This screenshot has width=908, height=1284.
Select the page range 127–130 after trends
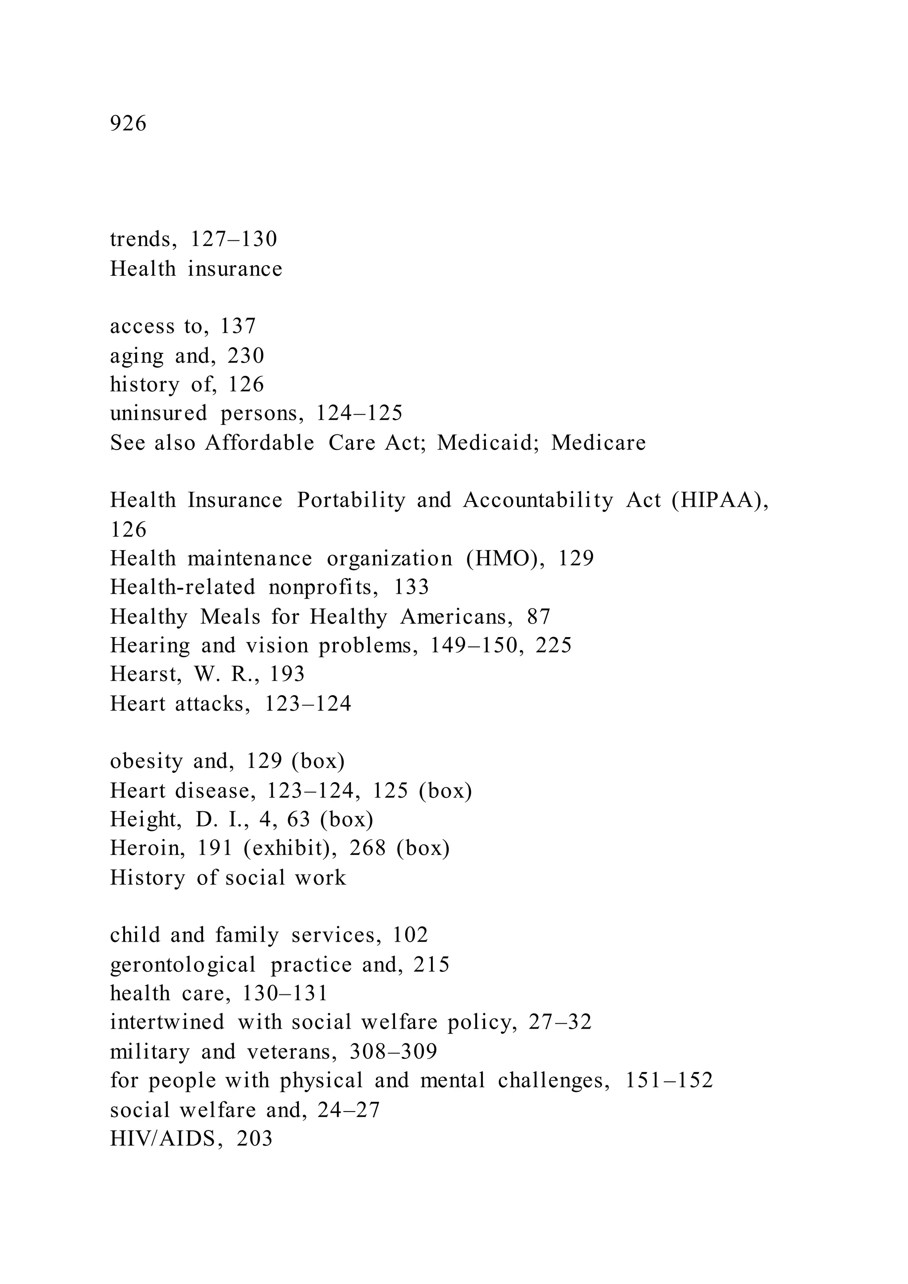click(x=234, y=240)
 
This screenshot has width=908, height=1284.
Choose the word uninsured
click(x=158, y=413)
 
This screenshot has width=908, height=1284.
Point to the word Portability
click(x=351, y=500)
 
